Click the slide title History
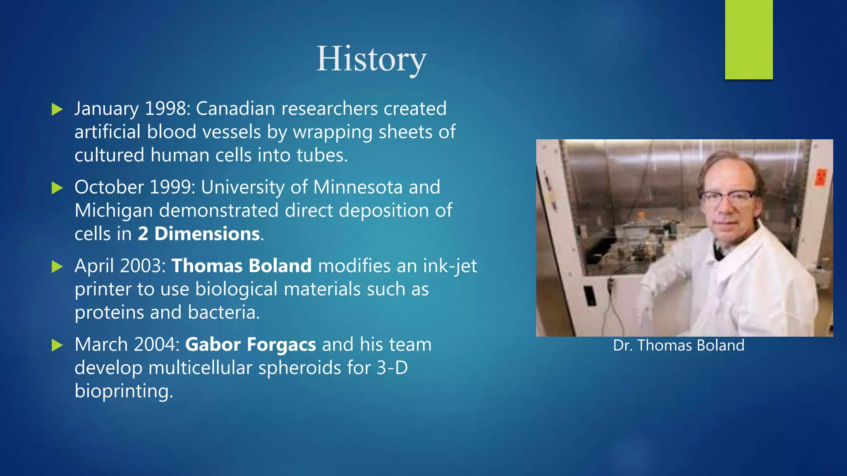(371, 59)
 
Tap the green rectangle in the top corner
(749, 39)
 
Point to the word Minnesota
(358, 187)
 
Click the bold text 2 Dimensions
(199, 234)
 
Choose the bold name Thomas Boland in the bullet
(242, 266)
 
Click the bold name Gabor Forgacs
(251, 345)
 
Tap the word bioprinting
(123, 391)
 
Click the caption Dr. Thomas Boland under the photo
(679, 345)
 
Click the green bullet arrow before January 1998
(57, 109)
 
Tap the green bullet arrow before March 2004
(57, 345)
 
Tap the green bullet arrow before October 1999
(57, 188)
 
